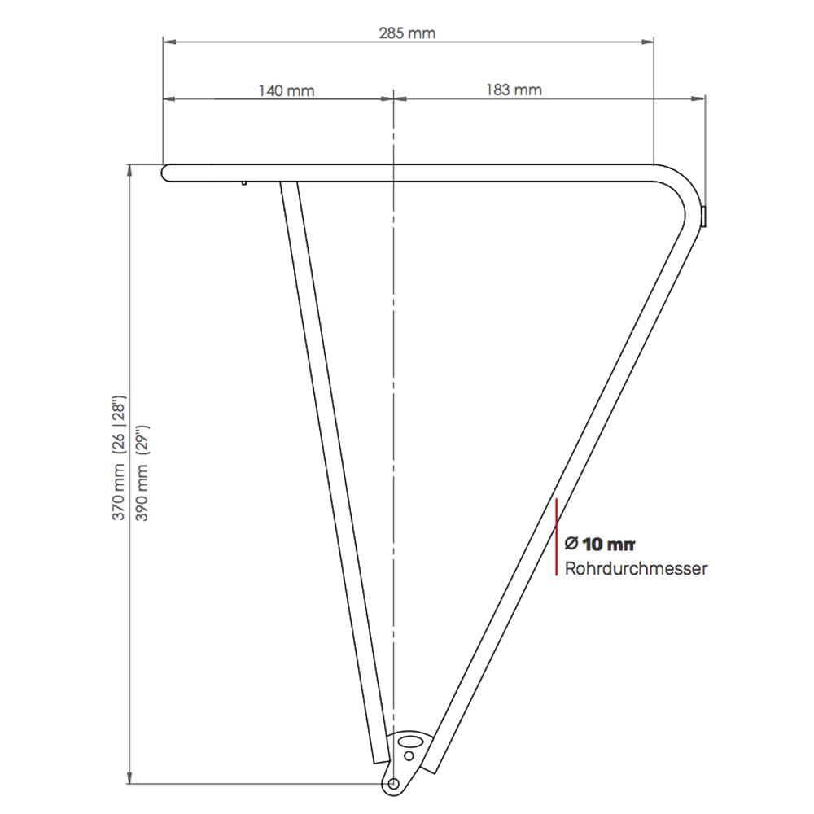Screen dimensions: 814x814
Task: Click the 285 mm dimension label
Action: [407, 33]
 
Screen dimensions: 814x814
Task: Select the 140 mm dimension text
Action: [287, 91]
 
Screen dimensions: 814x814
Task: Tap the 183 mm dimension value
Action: [514, 90]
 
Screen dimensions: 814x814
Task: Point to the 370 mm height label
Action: [119, 492]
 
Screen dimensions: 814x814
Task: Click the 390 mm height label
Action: [142, 492]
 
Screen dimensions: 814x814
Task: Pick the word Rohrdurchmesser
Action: [636, 568]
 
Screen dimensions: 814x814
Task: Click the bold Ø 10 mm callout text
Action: [600, 544]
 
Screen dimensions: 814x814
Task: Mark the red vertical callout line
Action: [556, 536]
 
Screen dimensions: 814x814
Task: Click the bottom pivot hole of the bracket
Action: [393, 783]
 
